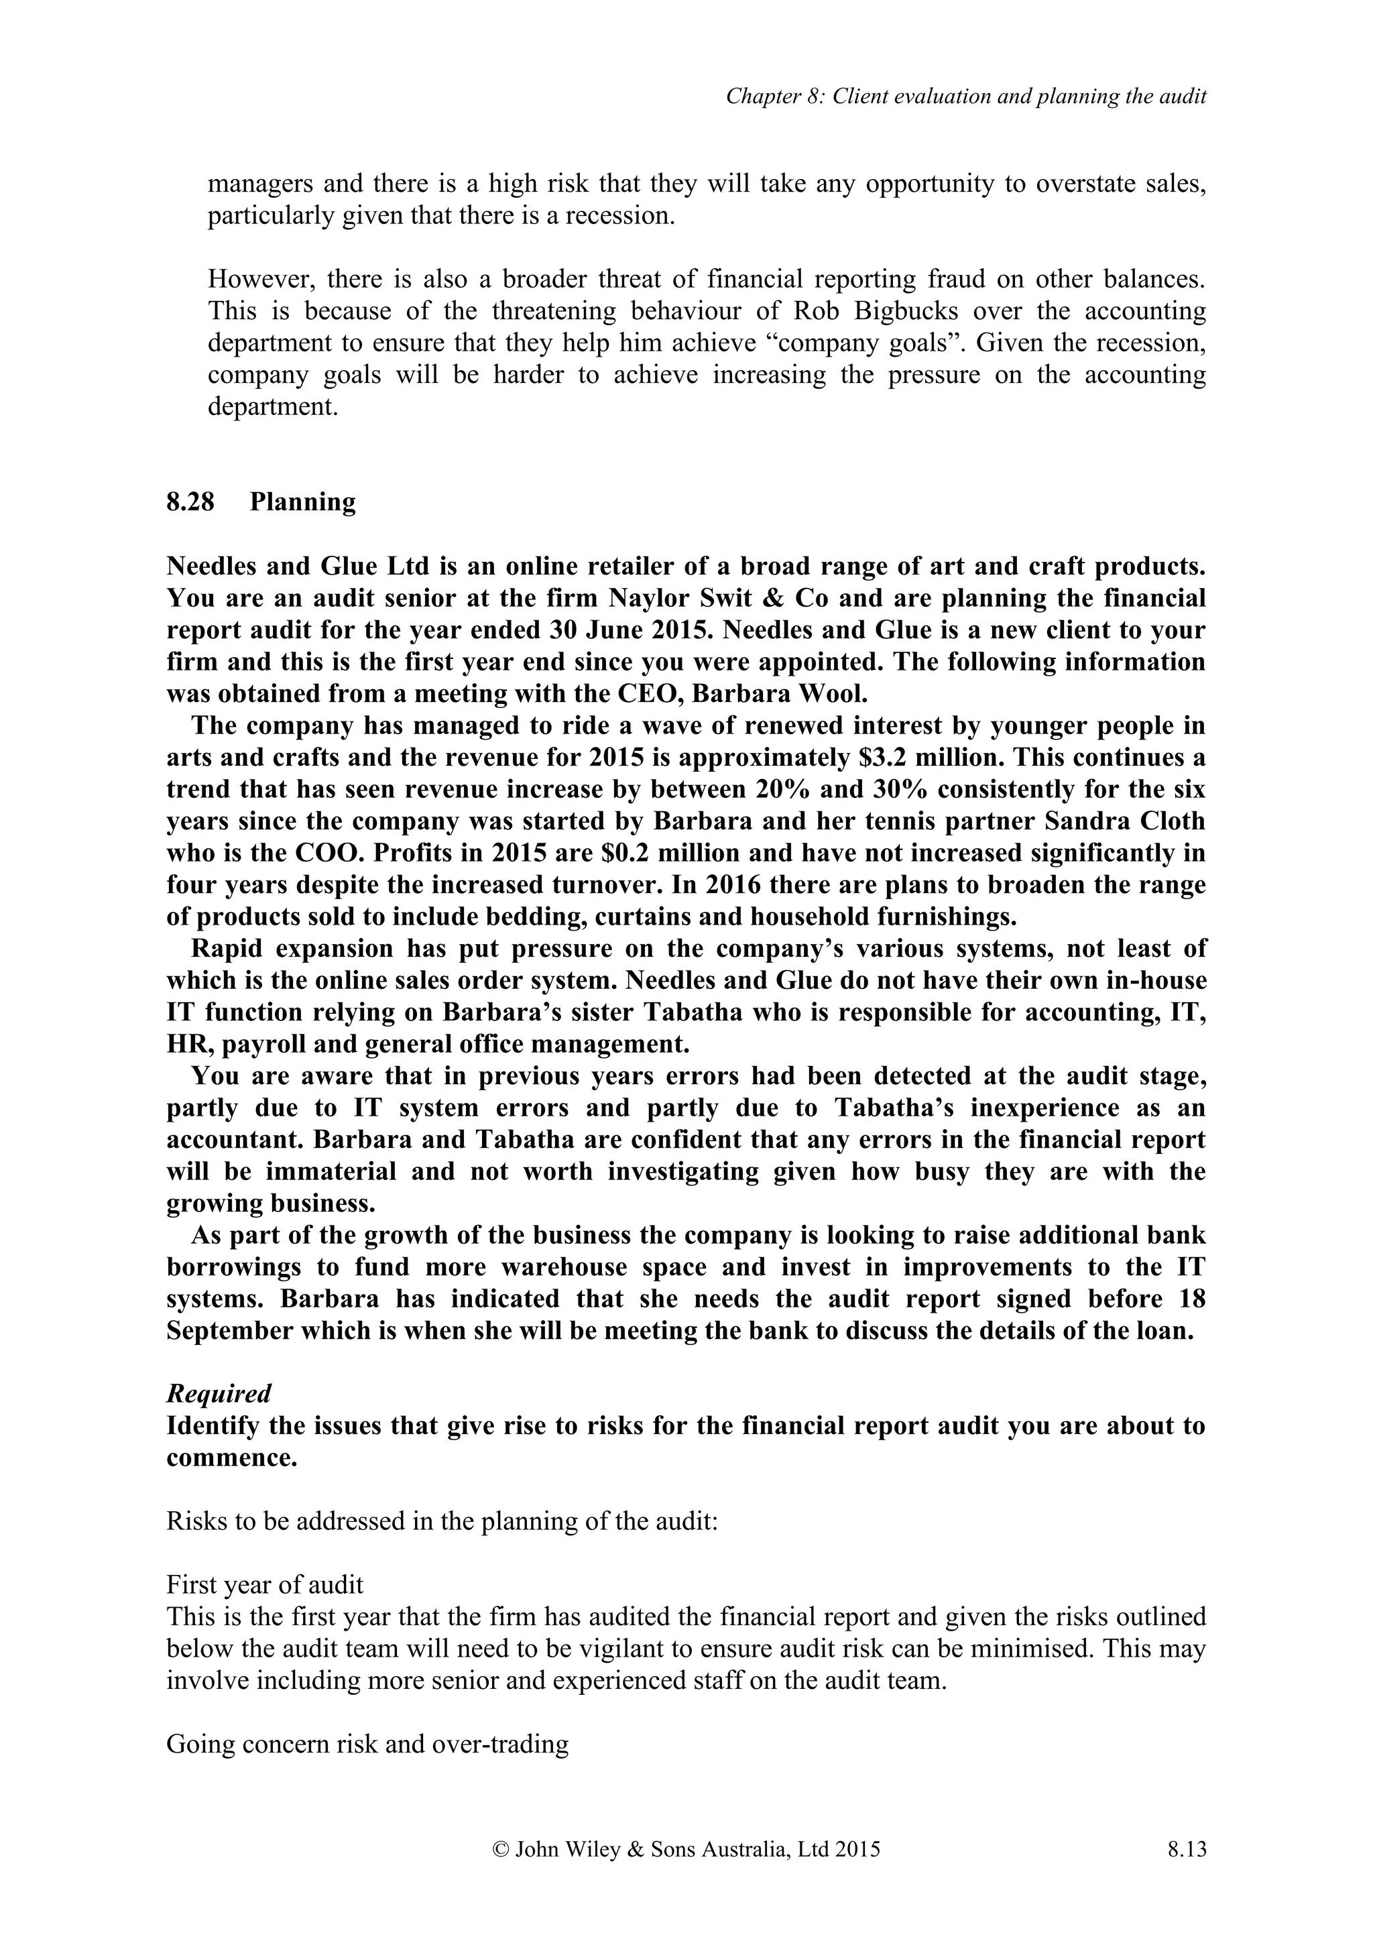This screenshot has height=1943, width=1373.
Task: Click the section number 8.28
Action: [x=190, y=502]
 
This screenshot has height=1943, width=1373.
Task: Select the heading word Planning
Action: [x=303, y=502]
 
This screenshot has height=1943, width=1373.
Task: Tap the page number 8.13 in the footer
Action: [x=1186, y=1850]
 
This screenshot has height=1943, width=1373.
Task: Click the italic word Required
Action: [x=219, y=1394]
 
